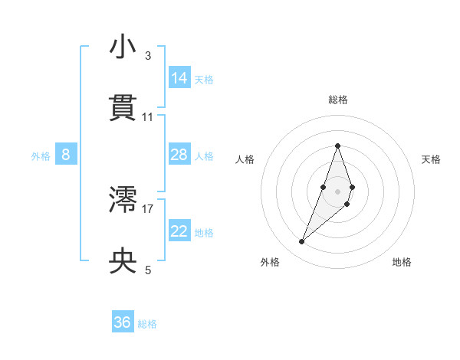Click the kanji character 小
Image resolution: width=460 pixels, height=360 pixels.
[123, 47]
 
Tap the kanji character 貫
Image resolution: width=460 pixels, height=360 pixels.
[123, 108]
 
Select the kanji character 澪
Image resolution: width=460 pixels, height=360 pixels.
[123, 200]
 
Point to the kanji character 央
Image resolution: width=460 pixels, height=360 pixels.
[123, 261]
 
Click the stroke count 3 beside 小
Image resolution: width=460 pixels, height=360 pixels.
[147, 56]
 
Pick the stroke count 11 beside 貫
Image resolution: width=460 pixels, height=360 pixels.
[147, 117]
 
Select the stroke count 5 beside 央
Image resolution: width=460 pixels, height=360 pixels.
[147, 270]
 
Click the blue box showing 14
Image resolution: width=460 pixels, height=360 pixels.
[179, 77]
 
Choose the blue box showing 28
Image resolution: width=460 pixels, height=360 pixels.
[179, 155]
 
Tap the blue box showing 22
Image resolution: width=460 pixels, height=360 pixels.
[179, 231]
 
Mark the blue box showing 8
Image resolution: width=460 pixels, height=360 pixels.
[65, 155]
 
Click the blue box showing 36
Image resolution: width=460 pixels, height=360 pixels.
[123, 322]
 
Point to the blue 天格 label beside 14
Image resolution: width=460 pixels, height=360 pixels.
[204, 79]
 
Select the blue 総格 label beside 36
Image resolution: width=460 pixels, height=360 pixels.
[147, 324]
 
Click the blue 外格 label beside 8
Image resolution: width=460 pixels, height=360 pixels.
[41, 156]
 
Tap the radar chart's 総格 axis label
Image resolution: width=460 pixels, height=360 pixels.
[337, 100]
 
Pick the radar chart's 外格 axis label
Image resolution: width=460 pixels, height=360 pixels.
[270, 262]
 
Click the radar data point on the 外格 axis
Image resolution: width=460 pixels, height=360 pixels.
[302, 242]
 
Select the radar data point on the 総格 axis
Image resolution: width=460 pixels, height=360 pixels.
[337, 146]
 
